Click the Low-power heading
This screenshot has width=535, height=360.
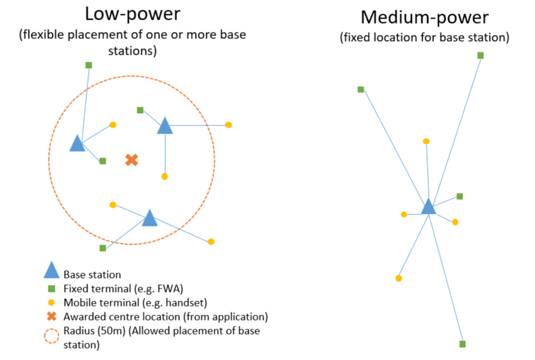point(133,14)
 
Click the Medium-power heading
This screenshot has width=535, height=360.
point(424,18)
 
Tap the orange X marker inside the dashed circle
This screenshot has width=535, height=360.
point(132,160)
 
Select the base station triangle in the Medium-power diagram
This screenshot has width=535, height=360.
point(428,207)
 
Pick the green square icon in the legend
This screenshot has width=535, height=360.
point(51,288)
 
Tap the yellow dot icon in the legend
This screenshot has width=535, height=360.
point(51,303)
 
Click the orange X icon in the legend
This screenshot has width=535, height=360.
point(51,316)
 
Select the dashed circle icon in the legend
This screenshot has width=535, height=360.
point(51,335)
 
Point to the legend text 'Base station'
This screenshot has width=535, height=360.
point(92,274)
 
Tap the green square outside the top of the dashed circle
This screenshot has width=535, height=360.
point(89,65)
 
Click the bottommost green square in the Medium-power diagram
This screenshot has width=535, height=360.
point(462,344)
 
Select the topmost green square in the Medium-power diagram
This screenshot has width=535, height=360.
point(481,55)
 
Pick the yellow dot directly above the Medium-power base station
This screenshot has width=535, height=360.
point(426,141)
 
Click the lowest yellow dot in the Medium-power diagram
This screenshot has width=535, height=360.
point(399,278)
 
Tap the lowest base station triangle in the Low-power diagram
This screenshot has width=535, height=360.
point(150,218)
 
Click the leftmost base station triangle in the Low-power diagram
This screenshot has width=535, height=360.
point(77,143)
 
